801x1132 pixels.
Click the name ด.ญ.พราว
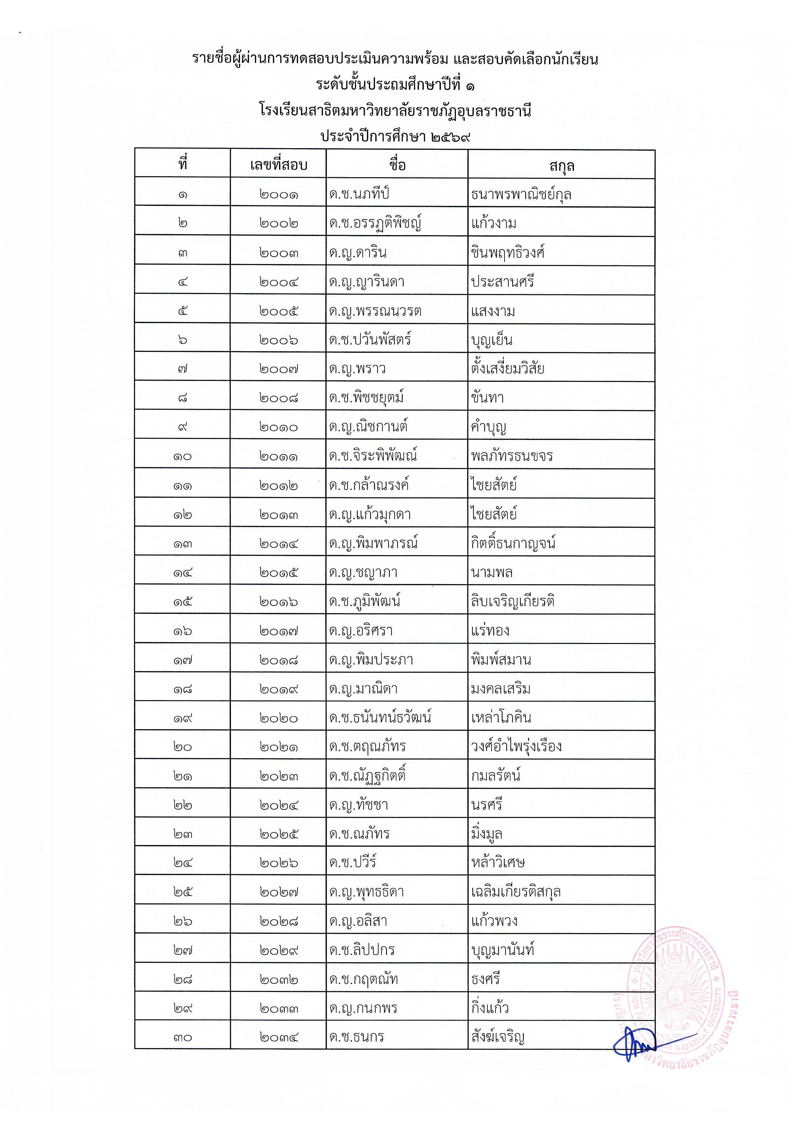(x=357, y=369)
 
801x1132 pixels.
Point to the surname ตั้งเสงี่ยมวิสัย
(x=507, y=369)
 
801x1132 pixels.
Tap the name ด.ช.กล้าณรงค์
(x=369, y=485)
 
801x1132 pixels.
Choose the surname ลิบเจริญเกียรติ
(x=513, y=601)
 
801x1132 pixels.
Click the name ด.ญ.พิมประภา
(x=371, y=660)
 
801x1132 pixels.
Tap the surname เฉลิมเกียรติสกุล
(x=516, y=892)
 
